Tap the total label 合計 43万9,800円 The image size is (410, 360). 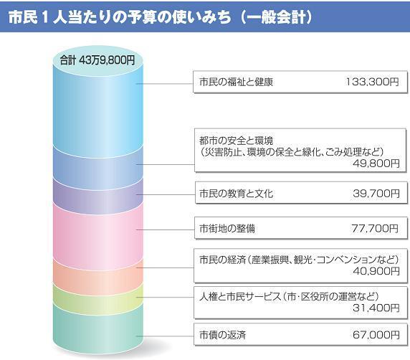pyautogui.click(x=97, y=59)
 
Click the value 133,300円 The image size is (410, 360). pyautogui.click(x=371, y=82)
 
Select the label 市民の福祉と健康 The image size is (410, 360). pyautogui.click(x=236, y=82)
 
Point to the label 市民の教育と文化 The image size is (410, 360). pyautogui.click(x=236, y=194)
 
